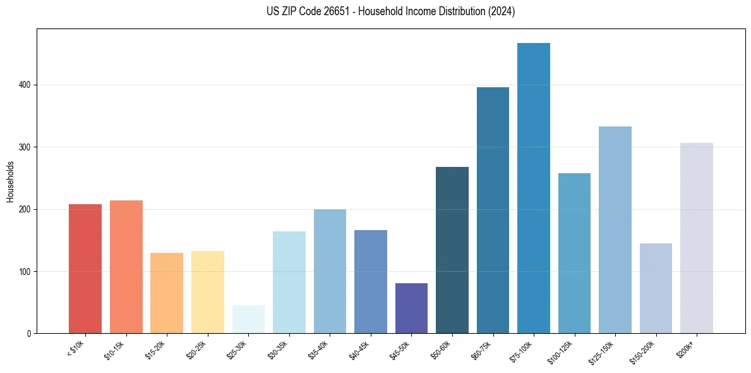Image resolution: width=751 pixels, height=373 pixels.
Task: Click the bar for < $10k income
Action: click(x=85, y=269)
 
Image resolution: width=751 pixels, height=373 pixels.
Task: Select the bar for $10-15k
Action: click(x=126, y=267)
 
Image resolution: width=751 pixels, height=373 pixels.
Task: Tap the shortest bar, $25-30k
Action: click(x=248, y=319)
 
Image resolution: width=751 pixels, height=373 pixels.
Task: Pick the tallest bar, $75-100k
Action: click(x=534, y=188)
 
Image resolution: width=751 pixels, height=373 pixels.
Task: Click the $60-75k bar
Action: click(x=493, y=211)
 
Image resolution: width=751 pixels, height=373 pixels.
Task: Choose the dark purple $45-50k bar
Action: click(x=411, y=309)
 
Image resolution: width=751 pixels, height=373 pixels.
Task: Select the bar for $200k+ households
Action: click(x=697, y=238)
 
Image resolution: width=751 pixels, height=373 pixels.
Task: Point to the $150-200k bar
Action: click(x=656, y=288)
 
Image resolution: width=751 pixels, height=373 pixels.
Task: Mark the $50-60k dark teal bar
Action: click(x=452, y=250)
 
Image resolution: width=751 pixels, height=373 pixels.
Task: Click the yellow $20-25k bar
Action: click(x=208, y=292)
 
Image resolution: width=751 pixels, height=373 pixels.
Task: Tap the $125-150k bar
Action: click(x=615, y=230)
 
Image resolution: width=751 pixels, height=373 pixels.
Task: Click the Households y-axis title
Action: click(x=10, y=181)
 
